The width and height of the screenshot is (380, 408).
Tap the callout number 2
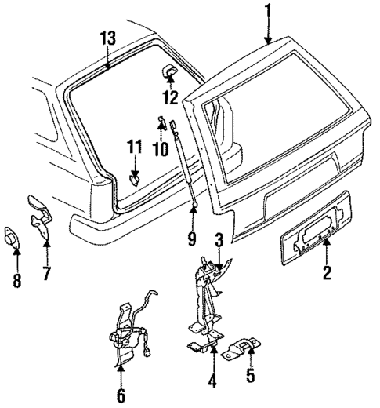click(x=328, y=274)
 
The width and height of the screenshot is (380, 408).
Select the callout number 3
click(x=220, y=239)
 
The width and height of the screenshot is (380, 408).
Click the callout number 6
click(x=121, y=394)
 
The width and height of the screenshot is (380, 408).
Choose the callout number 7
click(x=46, y=274)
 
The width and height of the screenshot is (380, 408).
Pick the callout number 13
click(x=107, y=38)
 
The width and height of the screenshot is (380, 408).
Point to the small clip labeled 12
click(x=168, y=73)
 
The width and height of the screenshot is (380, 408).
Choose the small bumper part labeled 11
click(x=134, y=178)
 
